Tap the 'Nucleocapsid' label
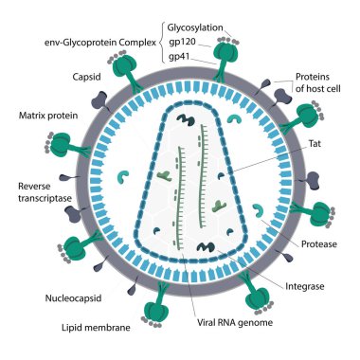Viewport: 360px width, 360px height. click(x=69, y=298)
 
